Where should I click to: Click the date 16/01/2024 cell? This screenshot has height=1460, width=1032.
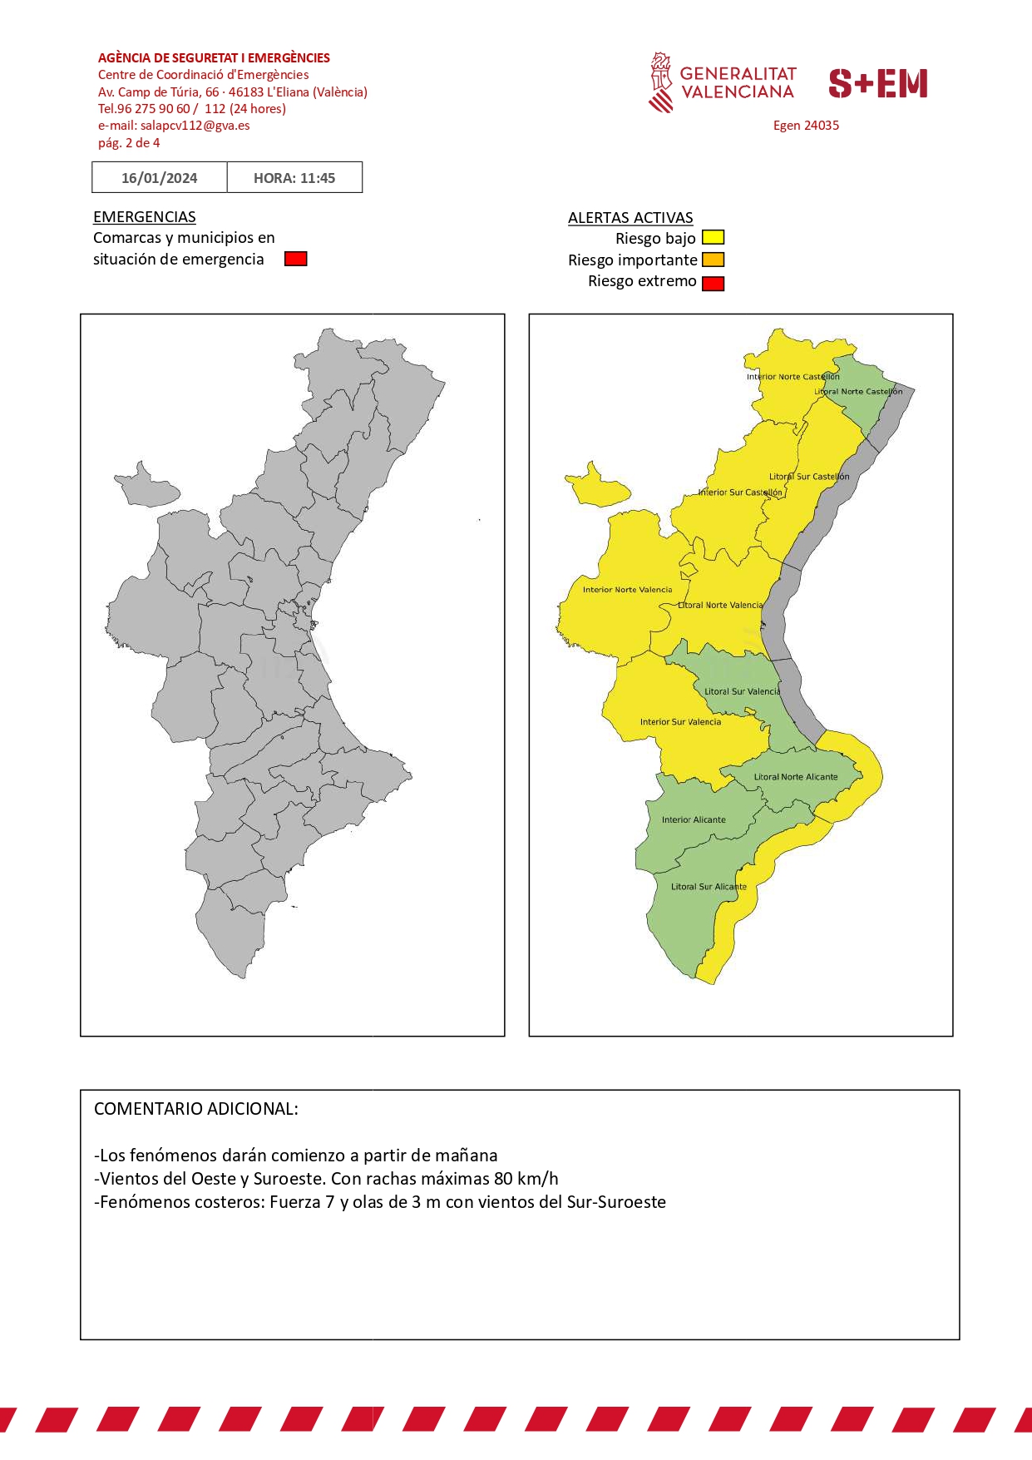159,177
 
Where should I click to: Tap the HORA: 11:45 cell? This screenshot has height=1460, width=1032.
294,177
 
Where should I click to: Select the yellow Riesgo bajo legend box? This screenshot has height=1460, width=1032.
713,238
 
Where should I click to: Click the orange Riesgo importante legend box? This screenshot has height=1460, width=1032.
713,260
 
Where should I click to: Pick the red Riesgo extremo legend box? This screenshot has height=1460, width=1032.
713,283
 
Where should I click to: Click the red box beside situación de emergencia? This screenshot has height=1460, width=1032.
295,259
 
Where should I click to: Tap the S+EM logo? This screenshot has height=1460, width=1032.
877,83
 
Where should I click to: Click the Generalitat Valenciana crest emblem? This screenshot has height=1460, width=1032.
661,82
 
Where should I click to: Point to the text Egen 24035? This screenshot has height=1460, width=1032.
806,126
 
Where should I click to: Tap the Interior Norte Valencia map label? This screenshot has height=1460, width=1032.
627,590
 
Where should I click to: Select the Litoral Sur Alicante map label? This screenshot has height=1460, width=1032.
709,887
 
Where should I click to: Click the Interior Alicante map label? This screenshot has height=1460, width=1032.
694,819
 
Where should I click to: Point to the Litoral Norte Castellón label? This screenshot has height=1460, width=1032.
858,391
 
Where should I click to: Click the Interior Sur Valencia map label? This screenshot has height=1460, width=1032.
680,722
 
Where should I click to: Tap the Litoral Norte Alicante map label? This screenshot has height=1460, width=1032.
796,777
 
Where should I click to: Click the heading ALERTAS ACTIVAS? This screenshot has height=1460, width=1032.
630,217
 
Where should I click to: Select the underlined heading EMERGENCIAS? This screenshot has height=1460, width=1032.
144,216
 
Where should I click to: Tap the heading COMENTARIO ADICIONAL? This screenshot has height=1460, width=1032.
195,1109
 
